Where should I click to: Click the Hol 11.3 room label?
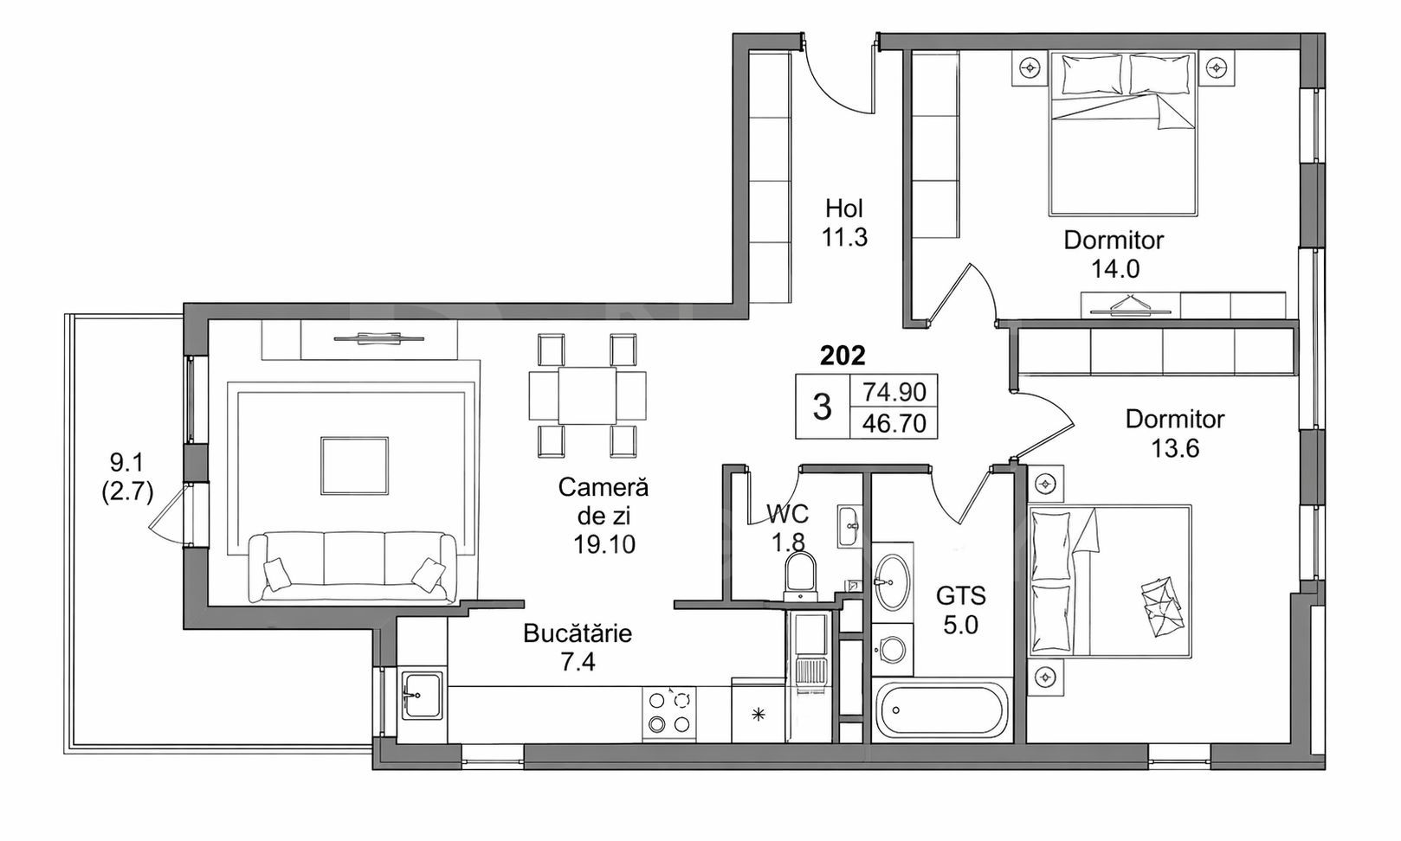point(844,222)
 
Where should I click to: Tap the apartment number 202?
point(842,354)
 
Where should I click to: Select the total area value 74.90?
point(894,392)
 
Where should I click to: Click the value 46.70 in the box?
point(894,423)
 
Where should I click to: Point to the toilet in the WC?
point(799,575)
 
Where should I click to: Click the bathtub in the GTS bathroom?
point(939,711)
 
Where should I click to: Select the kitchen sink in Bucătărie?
point(422,696)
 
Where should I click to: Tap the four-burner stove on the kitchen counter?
point(669,713)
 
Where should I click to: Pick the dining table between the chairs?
point(587,395)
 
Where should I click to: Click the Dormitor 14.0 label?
point(1114,254)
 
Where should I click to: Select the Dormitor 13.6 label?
point(1174,433)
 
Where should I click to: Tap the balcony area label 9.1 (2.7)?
point(126,477)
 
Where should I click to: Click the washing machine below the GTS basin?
point(891,649)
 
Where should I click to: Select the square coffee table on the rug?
point(354,465)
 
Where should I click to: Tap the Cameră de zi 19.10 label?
point(604,515)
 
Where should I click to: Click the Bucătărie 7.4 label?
point(578,647)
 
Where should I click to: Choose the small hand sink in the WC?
point(849,524)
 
